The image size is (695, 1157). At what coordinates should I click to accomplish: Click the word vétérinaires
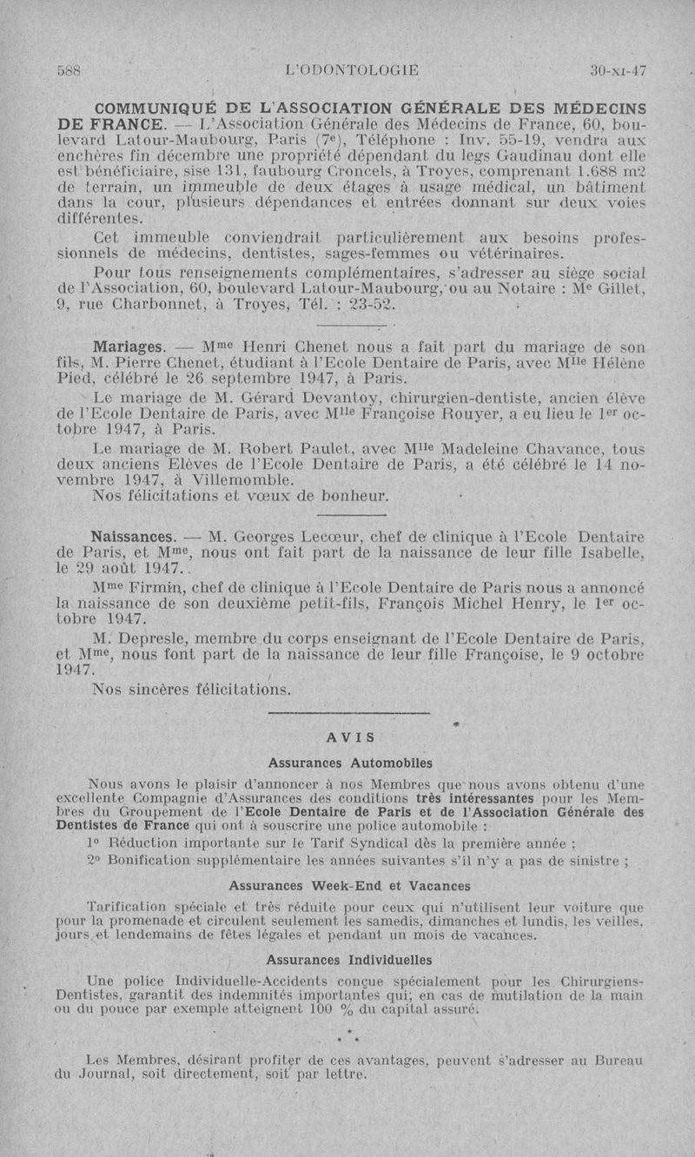518,254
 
